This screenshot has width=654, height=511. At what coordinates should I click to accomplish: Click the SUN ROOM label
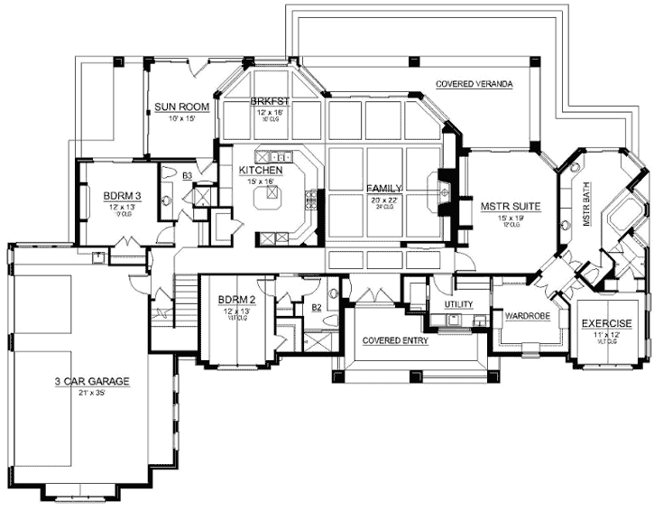click(181, 107)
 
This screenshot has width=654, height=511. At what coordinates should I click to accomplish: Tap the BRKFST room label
click(269, 102)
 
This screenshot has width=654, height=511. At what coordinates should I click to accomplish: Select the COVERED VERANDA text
click(474, 84)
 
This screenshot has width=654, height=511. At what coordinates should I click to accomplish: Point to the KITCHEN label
click(262, 170)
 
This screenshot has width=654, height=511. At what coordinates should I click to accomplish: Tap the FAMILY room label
click(383, 188)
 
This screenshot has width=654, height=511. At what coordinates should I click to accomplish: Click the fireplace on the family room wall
click(445, 189)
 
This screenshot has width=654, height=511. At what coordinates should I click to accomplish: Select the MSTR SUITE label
click(510, 206)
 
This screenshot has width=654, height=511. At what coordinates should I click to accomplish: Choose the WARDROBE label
click(528, 317)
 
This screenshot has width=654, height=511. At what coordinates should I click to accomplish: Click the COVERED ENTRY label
click(395, 341)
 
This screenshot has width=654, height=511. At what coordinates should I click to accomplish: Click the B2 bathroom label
click(317, 308)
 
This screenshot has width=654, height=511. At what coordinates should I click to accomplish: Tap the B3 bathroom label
click(187, 175)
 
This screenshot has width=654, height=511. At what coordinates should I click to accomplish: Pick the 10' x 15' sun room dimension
click(181, 118)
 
